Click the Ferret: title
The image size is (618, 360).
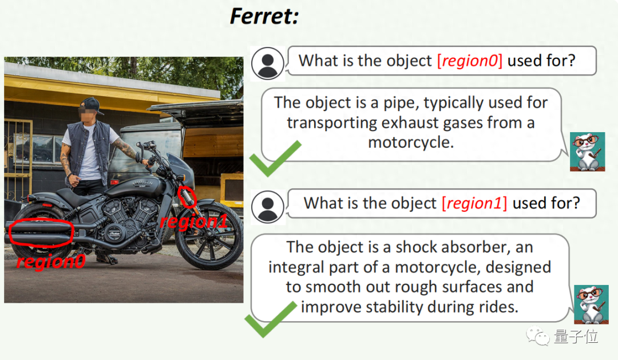[264, 16]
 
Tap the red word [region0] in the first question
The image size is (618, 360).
[470, 61]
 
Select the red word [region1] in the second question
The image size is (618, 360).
[474, 203]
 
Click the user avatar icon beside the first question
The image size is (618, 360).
[268, 63]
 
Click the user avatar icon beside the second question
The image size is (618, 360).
[268, 207]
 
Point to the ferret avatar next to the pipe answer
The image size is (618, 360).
[587, 152]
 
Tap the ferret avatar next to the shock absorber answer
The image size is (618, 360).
[591, 304]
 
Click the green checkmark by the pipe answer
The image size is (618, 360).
[275, 159]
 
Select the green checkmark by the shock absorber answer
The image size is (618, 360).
[271, 319]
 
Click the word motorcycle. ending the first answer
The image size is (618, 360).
[411, 143]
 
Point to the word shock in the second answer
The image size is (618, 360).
[419, 247]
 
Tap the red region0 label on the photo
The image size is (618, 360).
[51, 262]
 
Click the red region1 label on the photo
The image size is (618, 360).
[194, 221]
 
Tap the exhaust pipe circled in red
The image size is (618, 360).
[40, 232]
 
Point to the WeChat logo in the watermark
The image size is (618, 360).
[537, 336]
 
